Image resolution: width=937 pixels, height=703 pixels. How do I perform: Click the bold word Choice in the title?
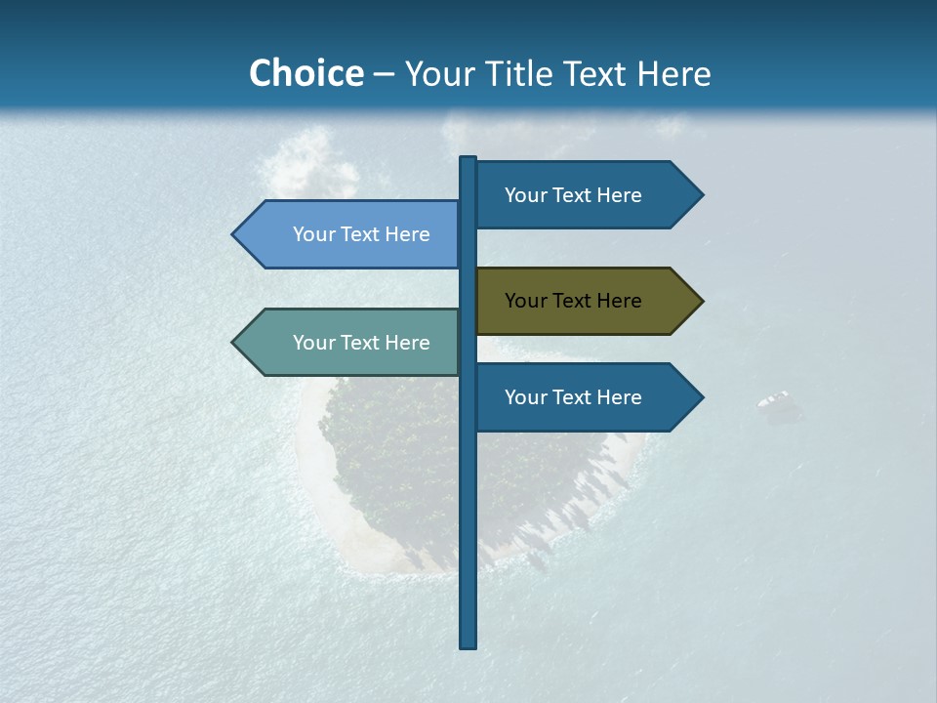pyautogui.click(x=306, y=73)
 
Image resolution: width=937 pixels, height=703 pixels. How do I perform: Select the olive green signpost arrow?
pyautogui.click(x=586, y=301)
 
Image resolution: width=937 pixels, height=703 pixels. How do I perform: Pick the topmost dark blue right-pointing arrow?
pyautogui.click(x=586, y=195)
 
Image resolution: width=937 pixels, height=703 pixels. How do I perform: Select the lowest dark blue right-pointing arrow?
pyautogui.click(x=586, y=397)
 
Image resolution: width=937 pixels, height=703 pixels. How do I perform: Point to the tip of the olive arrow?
pyautogui.click(x=701, y=301)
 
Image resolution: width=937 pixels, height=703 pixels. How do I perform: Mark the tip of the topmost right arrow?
pyautogui.click(x=701, y=195)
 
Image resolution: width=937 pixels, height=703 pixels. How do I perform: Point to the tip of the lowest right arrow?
pyautogui.click(x=701, y=397)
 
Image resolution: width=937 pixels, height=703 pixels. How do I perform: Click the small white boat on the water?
pyautogui.click(x=774, y=399)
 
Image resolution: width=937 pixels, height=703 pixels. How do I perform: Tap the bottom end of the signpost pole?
pyautogui.click(x=468, y=644)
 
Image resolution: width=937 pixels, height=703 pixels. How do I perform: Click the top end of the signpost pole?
pyautogui.click(x=468, y=159)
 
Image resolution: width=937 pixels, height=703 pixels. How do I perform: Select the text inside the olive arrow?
pyautogui.click(x=573, y=301)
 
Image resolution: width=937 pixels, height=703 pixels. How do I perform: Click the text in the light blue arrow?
pyautogui.click(x=361, y=234)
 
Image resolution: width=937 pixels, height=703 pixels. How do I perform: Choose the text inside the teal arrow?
pyautogui.click(x=361, y=343)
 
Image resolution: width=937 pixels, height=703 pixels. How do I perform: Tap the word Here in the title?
pyautogui.click(x=673, y=73)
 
